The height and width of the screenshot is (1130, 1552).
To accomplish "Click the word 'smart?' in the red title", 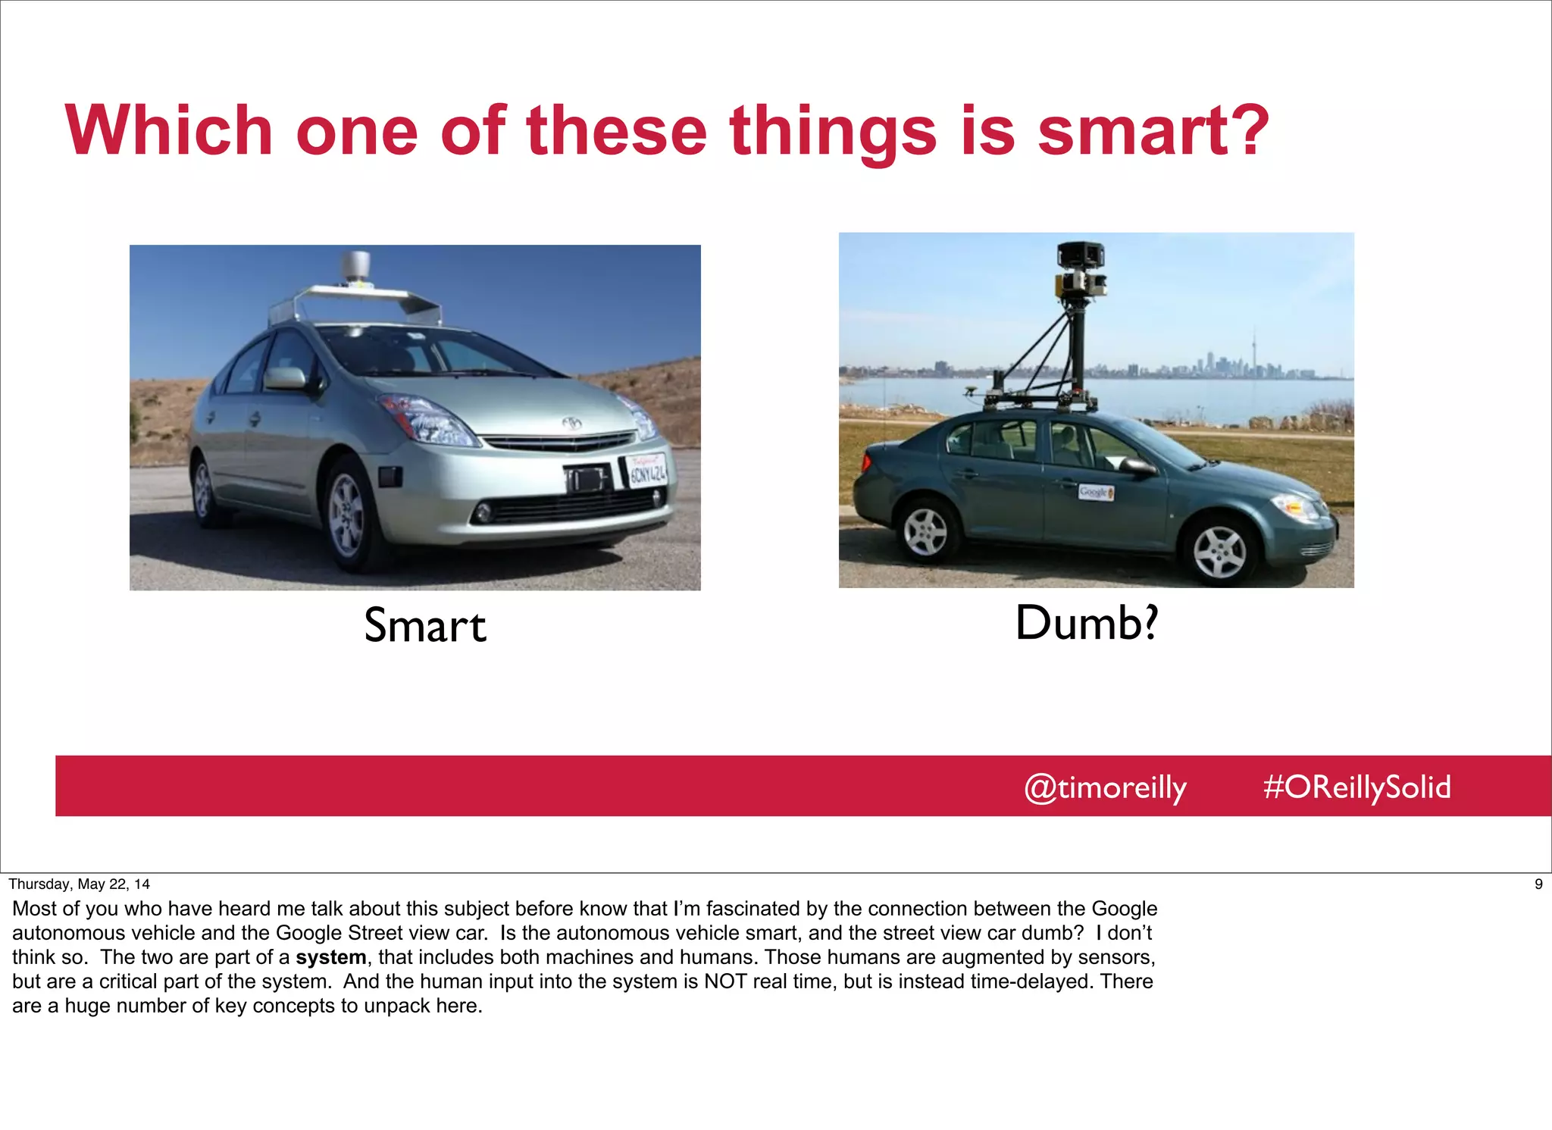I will (x=1153, y=132).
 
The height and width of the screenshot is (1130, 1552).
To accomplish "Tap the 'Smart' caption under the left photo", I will (x=424, y=626).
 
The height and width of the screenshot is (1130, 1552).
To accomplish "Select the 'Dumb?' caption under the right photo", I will (x=1087, y=623).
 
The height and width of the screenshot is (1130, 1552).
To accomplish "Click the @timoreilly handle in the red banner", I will (x=1105, y=787).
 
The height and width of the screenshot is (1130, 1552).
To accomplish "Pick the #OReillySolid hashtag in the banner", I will (x=1356, y=787).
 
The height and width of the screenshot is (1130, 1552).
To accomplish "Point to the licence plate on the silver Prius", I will (x=648, y=471).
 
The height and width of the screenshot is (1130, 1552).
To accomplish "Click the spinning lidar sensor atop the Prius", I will (x=355, y=268).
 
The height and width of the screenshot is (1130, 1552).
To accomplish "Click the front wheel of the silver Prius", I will (x=348, y=515).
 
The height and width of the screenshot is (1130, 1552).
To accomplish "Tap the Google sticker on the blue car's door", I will (x=1096, y=492).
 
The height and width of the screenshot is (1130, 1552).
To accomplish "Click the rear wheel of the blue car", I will (x=927, y=530).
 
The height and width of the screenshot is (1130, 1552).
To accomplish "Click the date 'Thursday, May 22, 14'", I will (x=79, y=884).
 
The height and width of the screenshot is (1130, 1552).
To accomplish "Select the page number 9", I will (x=1538, y=884).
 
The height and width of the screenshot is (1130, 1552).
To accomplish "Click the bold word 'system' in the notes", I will (x=330, y=957).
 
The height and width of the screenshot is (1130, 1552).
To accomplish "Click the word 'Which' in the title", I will (x=169, y=132).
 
